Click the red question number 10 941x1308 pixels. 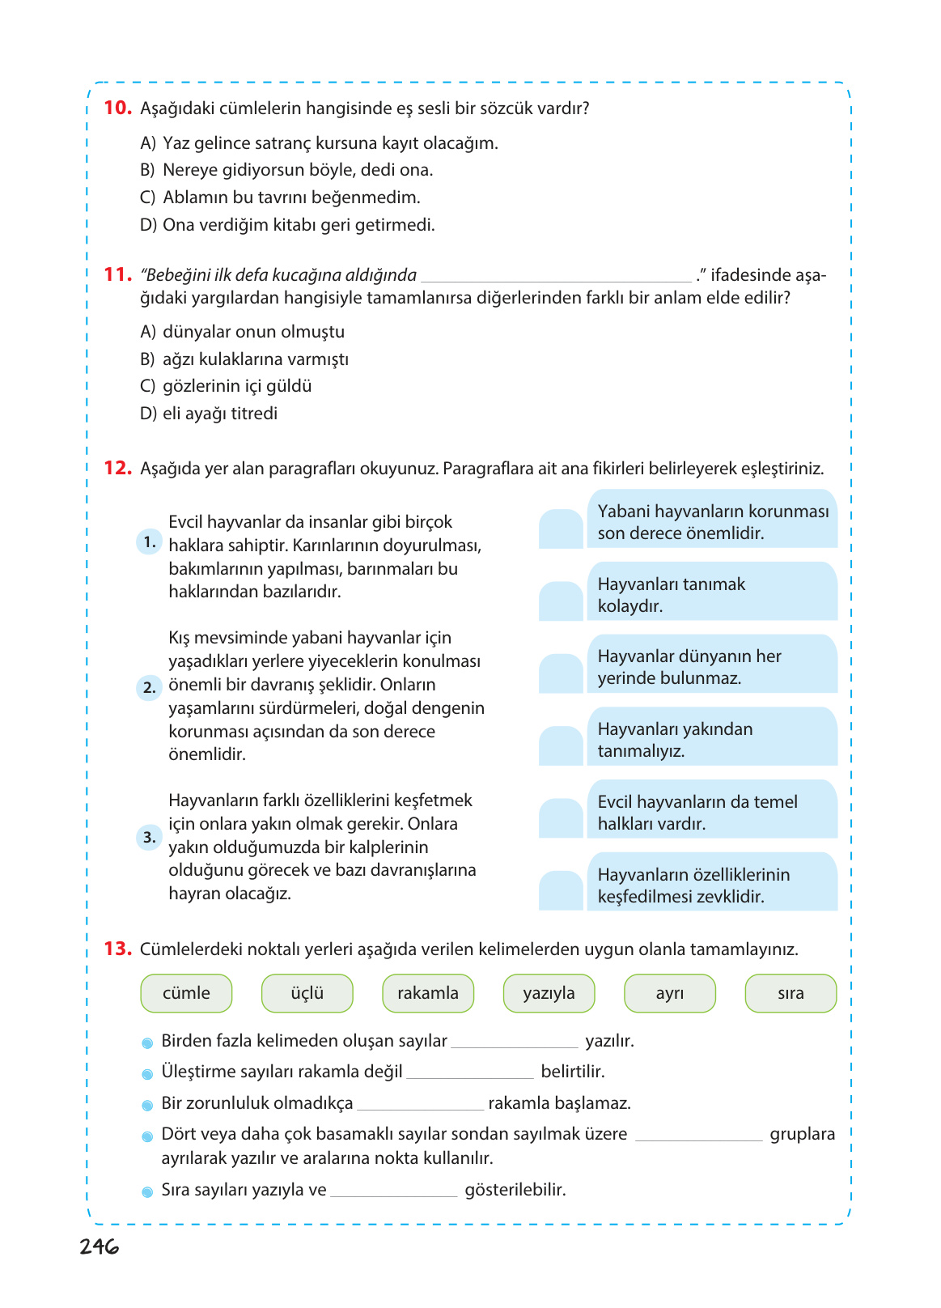click(117, 108)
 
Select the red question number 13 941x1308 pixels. click(117, 949)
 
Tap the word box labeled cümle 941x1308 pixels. click(186, 993)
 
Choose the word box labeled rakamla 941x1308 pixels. click(427, 993)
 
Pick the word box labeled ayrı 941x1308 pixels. click(669, 993)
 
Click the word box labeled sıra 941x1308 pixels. click(790, 993)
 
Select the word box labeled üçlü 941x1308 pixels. click(307, 993)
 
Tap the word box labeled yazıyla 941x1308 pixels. click(549, 993)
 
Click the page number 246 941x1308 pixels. click(99, 1246)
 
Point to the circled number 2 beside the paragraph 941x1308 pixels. click(149, 687)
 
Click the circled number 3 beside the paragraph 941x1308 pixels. click(149, 837)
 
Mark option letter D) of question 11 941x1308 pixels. click(148, 414)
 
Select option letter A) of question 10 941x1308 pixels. click(148, 143)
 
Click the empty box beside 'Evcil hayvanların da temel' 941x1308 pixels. click(561, 818)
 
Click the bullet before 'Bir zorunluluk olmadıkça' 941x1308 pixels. click(147, 1105)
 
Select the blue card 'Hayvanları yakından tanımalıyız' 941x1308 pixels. click(712, 737)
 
